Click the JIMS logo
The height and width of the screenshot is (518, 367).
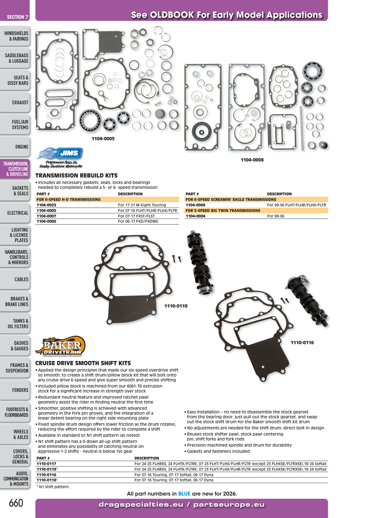60,158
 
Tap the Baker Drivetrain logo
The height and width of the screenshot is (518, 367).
60,346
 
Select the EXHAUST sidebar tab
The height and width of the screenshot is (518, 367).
15,102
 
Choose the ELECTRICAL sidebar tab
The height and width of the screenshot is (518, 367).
15,213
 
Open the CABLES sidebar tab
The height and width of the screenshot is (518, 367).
15,279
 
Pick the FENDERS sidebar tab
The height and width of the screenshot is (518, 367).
15,390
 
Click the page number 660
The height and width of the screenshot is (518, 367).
16,503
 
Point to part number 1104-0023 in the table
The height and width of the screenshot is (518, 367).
46,205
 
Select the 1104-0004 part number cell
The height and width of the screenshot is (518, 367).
195,216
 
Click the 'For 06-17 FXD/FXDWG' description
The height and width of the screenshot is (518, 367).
138,221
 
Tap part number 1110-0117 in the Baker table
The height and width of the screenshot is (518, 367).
46,464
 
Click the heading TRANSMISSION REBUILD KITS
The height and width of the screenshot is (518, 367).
76,176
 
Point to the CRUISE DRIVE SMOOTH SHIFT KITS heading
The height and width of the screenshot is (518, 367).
83,363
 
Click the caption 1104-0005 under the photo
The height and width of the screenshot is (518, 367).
103,139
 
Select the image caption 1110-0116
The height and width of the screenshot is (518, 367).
302,343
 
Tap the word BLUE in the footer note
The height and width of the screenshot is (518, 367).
184,494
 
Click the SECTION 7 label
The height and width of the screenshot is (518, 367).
17,17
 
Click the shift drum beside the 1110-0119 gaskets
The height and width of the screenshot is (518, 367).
200,262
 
